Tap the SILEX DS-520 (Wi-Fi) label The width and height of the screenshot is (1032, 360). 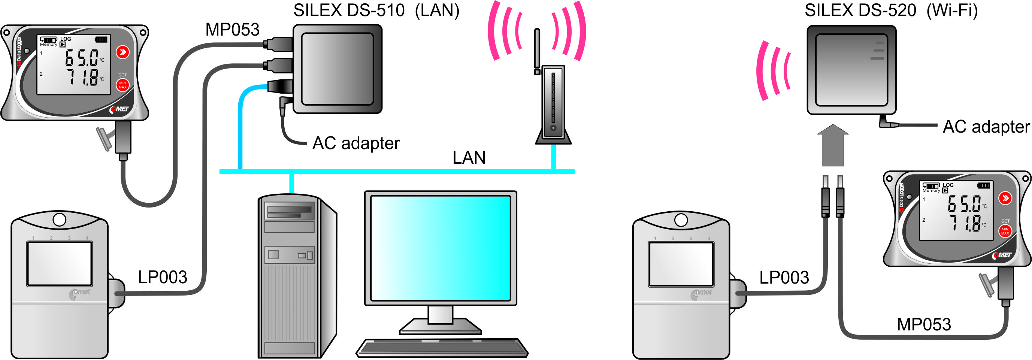[891, 10]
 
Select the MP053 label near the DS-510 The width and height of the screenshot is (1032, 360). [232, 30]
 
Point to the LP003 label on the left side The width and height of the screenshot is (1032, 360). [162, 277]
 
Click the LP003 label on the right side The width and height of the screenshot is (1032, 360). [784, 278]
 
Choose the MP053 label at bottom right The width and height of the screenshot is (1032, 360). [923, 324]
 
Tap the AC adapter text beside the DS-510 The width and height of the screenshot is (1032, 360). [356, 143]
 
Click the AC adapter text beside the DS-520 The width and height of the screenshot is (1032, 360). [986, 127]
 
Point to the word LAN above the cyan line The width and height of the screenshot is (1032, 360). [469, 158]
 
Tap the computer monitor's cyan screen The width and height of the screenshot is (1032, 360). [440, 248]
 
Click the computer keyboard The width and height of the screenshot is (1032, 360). [442, 348]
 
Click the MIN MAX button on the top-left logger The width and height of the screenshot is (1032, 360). [122, 85]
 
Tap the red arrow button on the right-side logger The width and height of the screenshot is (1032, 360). [1005, 198]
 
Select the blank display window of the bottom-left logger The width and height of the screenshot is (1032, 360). [59, 263]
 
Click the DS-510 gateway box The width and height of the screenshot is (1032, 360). [338, 69]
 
